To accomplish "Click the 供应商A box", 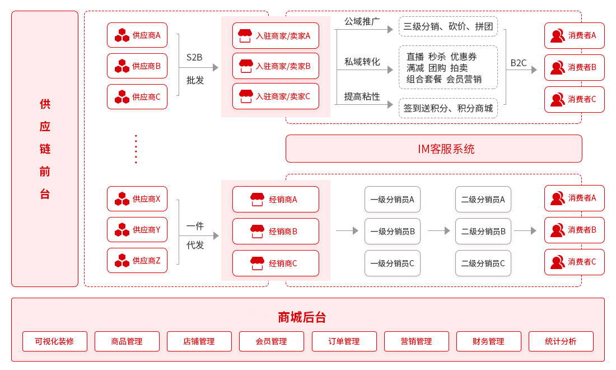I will click(137, 35).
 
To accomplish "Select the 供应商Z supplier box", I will click(137, 260).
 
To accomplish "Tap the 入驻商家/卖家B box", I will click(276, 66).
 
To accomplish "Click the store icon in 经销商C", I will click(257, 263).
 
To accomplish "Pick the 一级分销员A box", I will click(392, 199).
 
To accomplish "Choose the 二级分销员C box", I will click(483, 263).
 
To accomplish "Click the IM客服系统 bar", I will click(433, 149).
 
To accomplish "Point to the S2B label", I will click(194, 57).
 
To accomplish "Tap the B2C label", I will click(519, 63).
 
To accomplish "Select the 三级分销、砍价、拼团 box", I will click(448, 26).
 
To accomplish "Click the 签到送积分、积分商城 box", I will click(448, 108).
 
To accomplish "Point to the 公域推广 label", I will click(362, 21).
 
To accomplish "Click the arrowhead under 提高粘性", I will click(390, 104).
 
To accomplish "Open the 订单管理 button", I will click(344, 341).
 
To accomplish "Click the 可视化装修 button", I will click(55, 341).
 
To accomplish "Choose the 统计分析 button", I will click(561, 341).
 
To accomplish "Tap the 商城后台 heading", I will click(302, 317).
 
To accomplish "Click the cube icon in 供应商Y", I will click(122, 229).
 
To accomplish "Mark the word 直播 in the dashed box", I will click(415, 57).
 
